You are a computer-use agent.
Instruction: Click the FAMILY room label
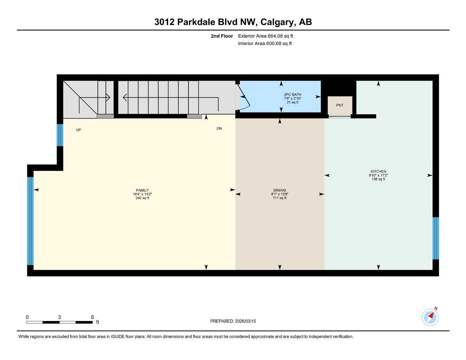142,190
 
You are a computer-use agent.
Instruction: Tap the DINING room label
280,190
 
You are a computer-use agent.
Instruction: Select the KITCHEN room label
378,171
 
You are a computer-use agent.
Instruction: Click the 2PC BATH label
292,95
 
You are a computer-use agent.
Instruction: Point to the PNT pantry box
340,105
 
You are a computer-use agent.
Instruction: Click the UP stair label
78,130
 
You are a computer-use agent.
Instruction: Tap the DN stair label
219,129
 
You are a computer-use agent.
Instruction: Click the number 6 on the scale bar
92,317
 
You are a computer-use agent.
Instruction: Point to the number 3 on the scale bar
59,317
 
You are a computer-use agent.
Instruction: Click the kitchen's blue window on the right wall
435,238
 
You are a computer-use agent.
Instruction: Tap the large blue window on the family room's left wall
30,221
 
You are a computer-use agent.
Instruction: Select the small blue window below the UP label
60,135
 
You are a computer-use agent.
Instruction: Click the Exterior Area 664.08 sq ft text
266,36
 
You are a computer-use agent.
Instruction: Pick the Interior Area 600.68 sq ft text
265,44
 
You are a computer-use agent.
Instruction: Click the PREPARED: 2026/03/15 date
233,321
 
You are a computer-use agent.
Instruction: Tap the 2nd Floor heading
222,36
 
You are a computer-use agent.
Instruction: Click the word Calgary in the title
278,22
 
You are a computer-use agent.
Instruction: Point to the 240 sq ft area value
142,198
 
